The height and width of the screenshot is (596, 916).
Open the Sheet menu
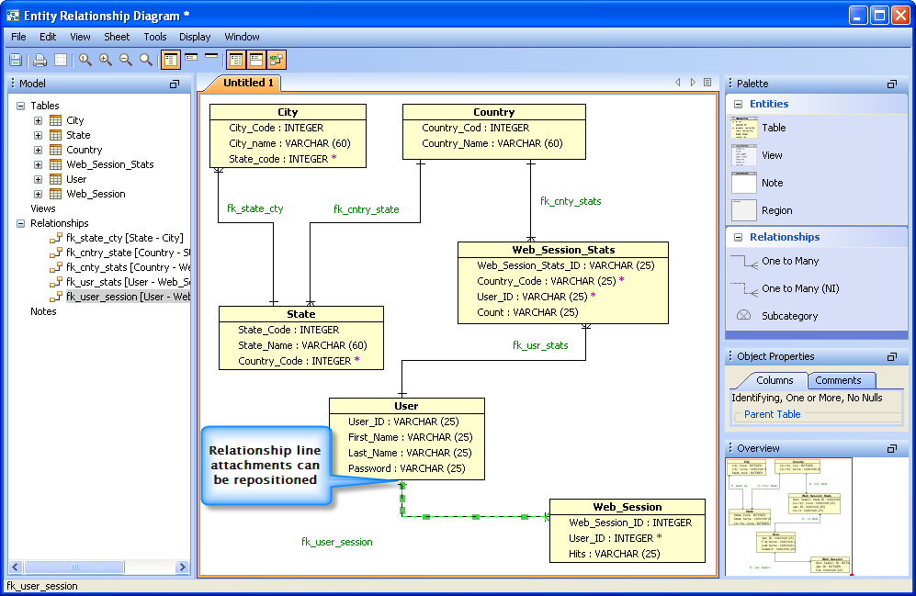click(117, 37)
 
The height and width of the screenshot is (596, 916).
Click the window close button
click(899, 15)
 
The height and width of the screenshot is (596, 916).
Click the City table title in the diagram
click(288, 112)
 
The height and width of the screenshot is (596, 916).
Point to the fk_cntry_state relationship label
click(366, 209)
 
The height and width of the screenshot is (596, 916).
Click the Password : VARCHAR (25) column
click(406, 468)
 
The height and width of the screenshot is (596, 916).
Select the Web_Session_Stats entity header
click(563, 250)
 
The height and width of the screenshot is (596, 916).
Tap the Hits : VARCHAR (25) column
click(615, 554)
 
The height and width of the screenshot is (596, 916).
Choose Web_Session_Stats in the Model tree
click(109, 164)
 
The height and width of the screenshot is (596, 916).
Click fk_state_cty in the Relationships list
click(123, 238)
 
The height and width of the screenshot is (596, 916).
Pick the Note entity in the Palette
click(772, 183)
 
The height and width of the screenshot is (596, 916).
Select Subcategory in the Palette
click(788, 316)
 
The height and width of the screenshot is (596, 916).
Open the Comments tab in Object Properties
click(838, 380)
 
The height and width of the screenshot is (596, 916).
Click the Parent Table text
click(772, 414)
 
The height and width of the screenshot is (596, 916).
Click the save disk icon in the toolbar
click(16, 61)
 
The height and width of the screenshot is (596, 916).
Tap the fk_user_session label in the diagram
click(337, 542)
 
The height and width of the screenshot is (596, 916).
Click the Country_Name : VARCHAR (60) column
click(492, 143)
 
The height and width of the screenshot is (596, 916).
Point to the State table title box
click(300, 314)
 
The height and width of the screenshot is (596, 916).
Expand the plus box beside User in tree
click(38, 179)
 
